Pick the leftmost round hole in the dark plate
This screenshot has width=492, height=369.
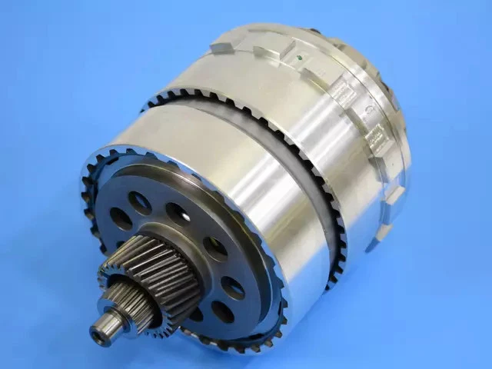pos(120,218)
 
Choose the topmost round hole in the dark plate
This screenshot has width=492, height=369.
pos(140,202)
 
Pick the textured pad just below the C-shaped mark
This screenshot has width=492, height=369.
pos(376,138)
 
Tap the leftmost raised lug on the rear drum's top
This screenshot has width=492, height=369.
pos(222,45)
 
